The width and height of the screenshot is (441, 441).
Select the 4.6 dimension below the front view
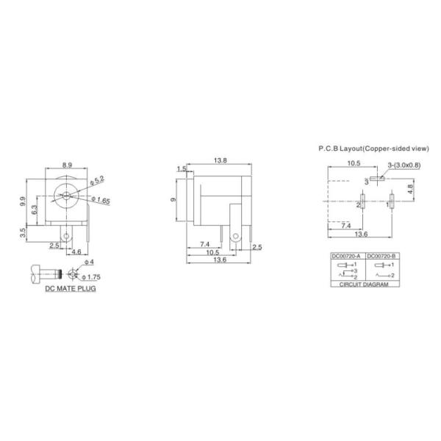point(77,252)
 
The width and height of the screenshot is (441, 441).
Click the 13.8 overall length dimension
point(219,159)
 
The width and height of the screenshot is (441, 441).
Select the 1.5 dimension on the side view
point(181,169)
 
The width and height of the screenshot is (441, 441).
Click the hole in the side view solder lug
point(235,237)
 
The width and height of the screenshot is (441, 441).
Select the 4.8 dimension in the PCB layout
point(409,187)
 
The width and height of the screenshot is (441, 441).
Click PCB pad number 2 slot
point(363,201)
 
